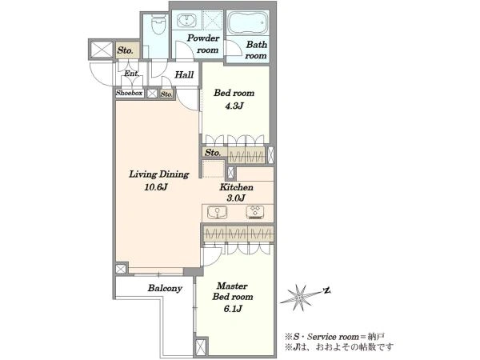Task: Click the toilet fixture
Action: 158,25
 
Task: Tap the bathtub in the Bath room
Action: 248,22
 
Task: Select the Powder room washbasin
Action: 186,20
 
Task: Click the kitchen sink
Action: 217,213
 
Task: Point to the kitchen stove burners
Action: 255,212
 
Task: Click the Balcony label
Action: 165,288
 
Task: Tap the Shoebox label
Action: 129,93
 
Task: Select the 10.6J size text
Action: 156,187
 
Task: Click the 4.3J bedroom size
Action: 234,106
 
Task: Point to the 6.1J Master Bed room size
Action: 233,309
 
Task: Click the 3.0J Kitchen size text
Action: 236,198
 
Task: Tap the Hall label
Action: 184,74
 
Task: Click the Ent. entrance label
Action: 132,74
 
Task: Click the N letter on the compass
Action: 327,290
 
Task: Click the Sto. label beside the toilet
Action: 125,50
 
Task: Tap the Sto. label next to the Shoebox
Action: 166,94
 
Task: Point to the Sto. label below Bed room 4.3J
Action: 213,152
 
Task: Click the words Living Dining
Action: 159,174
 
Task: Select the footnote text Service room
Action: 333,337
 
